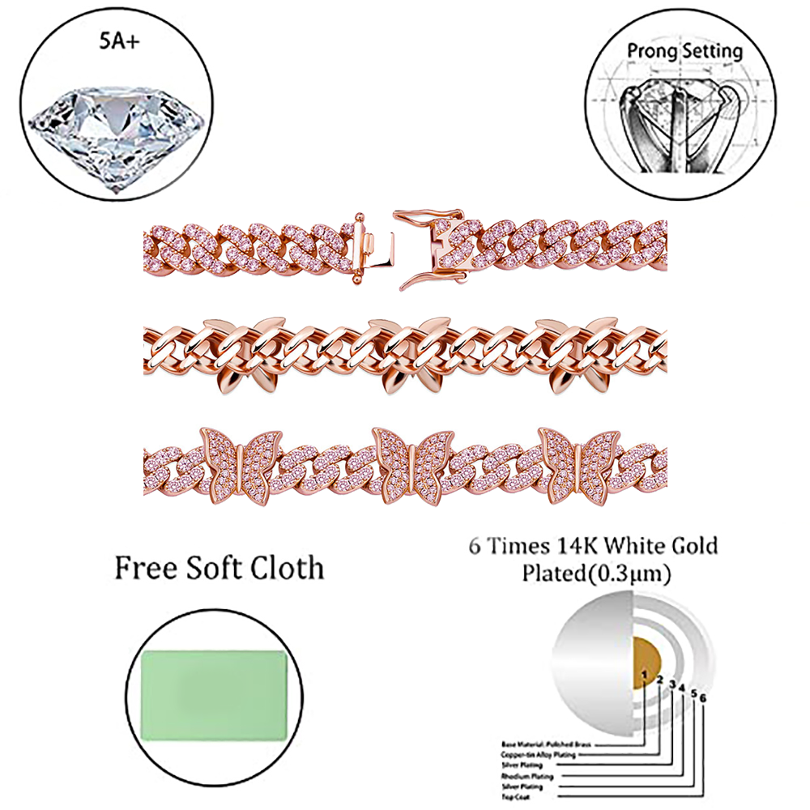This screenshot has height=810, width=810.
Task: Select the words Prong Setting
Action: click(x=684, y=51)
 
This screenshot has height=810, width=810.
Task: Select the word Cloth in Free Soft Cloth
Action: click(x=283, y=568)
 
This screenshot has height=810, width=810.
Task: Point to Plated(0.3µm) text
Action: click(x=595, y=575)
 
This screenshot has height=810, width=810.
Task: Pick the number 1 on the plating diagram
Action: click(x=643, y=673)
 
